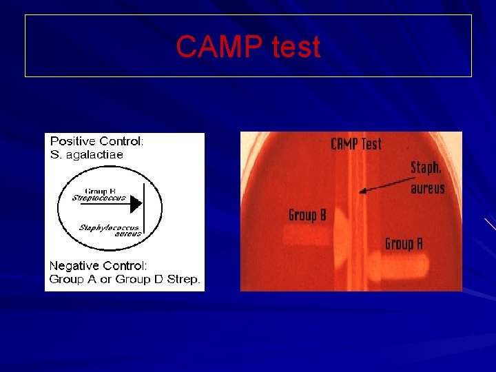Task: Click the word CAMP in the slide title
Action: [219, 47]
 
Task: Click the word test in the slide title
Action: [296, 47]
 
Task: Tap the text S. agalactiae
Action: [86, 154]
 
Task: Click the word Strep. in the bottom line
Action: [183, 279]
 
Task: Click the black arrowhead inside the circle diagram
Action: [136, 204]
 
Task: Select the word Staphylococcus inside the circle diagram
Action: [108, 227]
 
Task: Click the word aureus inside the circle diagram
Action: [128, 234]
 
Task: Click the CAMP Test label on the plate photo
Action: [355, 144]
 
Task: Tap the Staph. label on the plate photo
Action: [426, 167]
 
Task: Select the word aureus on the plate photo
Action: [427, 188]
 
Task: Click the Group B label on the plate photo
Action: [307, 216]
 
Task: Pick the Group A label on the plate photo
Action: [404, 243]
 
